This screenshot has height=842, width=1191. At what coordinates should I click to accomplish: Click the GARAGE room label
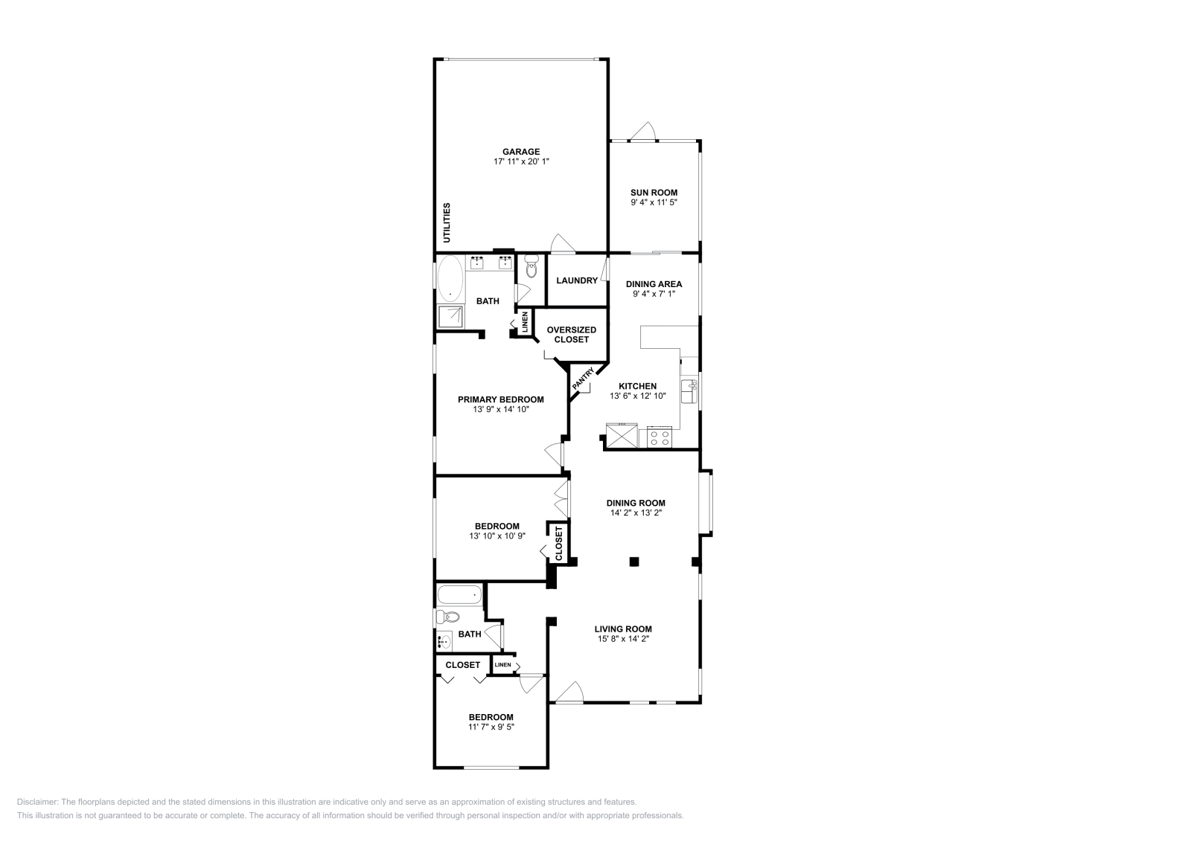(521, 152)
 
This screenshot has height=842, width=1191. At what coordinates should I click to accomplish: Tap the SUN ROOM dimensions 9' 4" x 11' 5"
(654, 202)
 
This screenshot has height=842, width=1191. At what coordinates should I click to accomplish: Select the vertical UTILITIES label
(447, 222)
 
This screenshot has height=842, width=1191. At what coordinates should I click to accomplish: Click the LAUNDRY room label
(577, 280)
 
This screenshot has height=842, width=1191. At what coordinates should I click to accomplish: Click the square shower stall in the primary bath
(450, 318)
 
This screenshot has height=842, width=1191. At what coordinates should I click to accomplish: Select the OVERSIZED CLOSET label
(572, 335)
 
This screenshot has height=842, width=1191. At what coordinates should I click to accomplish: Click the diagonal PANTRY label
(583, 381)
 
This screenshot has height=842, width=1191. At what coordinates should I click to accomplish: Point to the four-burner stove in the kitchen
(659, 437)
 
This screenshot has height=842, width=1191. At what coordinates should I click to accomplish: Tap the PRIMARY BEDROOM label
(500, 399)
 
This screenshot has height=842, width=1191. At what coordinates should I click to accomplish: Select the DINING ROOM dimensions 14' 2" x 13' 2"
(635, 512)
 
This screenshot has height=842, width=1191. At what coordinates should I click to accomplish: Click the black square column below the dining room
(634, 562)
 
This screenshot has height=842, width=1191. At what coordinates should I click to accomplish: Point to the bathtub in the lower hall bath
(459, 594)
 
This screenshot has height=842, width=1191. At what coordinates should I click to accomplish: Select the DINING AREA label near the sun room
(654, 284)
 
